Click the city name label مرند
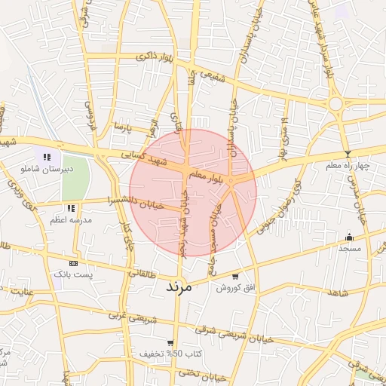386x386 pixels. point(178,286)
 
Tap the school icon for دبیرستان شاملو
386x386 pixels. point(47,157)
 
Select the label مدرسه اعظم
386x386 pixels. point(70,219)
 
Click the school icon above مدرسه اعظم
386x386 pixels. point(71,207)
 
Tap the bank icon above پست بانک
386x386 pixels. point(73,263)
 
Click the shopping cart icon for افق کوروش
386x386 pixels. point(237,276)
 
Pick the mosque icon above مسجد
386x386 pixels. point(349,236)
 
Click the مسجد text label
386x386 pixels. point(350,247)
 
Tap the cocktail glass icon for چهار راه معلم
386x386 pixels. point(346,154)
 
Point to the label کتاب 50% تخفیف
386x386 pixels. point(161,353)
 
